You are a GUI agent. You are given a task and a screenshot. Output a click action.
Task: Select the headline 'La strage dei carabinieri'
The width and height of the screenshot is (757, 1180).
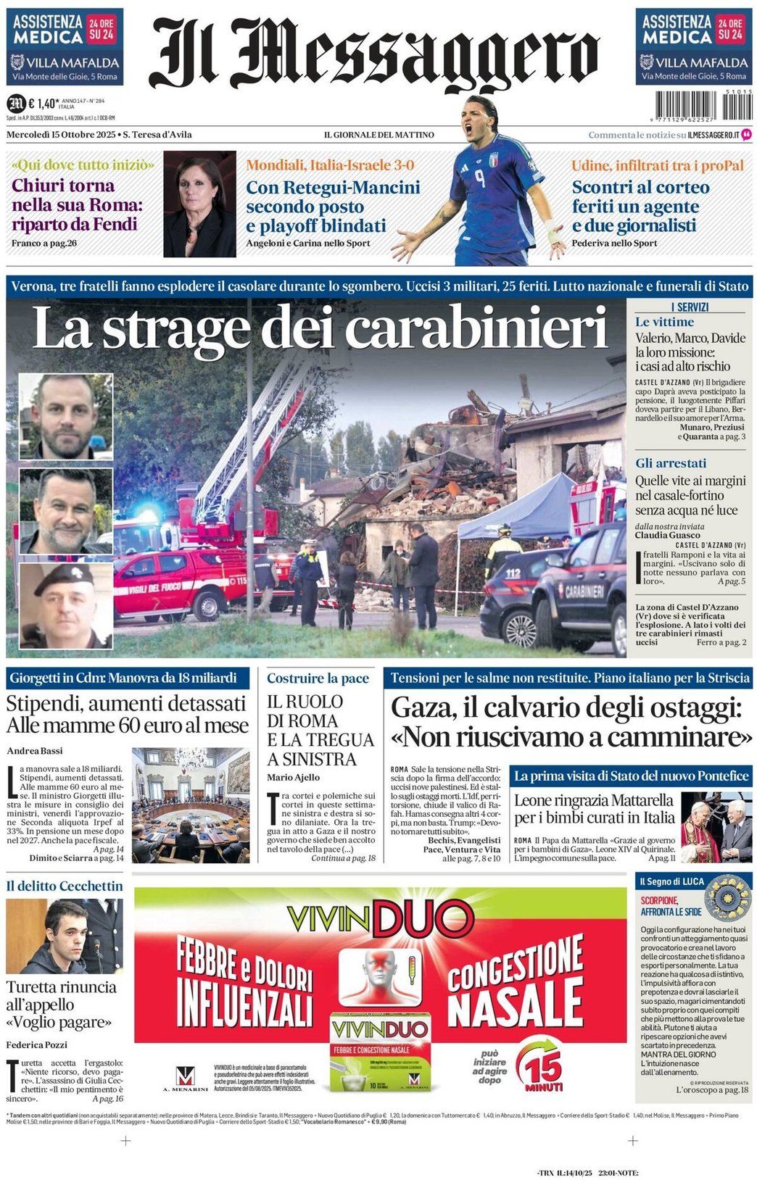tap(319, 328)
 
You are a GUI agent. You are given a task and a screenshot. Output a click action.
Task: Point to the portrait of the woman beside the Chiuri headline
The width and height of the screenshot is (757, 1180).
tap(199, 204)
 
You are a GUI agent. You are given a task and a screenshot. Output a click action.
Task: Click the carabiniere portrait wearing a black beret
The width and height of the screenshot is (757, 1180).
tap(65, 605)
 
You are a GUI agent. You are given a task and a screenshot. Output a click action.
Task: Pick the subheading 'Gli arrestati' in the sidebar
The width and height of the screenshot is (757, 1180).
tap(670, 463)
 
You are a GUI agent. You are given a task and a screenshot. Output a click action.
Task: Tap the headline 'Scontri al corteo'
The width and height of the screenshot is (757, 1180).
tap(640, 187)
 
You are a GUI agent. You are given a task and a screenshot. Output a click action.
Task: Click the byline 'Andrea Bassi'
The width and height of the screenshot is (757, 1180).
tap(35, 751)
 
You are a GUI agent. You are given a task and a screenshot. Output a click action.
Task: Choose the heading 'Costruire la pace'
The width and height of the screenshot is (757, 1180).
tap(318, 678)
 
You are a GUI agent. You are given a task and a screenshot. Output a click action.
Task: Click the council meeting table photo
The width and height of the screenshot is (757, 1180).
tap(191, 805)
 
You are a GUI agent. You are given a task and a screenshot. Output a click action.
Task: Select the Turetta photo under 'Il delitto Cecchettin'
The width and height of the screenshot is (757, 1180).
tap(64, 936)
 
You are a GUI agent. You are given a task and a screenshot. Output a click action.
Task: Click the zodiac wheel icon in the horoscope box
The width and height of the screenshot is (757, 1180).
tap(727, 897)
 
